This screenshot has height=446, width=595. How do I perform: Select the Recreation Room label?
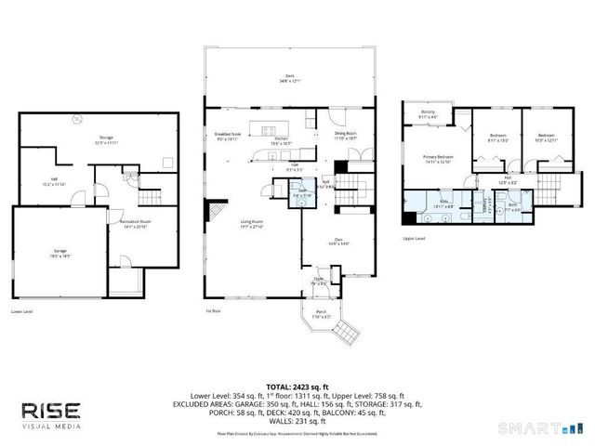(136, 223)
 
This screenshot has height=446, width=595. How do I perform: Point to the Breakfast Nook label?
(229, 137)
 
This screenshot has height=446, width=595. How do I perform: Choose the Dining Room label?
(346, 137)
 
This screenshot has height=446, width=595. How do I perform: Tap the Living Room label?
(253, 222)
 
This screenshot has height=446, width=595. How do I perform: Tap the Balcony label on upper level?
(428, 115)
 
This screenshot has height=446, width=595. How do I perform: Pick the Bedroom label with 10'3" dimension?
(545, 138)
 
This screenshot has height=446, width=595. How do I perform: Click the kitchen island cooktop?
(271, 129)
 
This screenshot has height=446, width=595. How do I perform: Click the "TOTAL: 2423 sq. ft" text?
(297, 386)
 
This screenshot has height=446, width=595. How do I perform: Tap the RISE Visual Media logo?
(52, 414)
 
